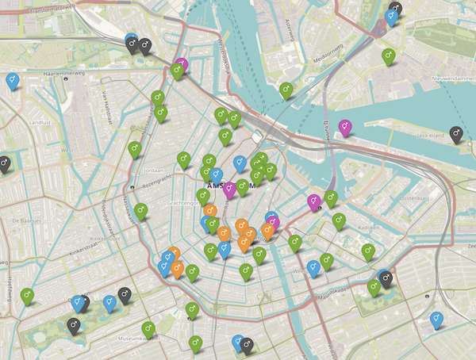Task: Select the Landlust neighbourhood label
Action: click(39, 122)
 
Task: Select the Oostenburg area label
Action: click(413, 197)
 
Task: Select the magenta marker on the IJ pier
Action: click(344, 124)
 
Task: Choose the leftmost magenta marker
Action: click(182, 63)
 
